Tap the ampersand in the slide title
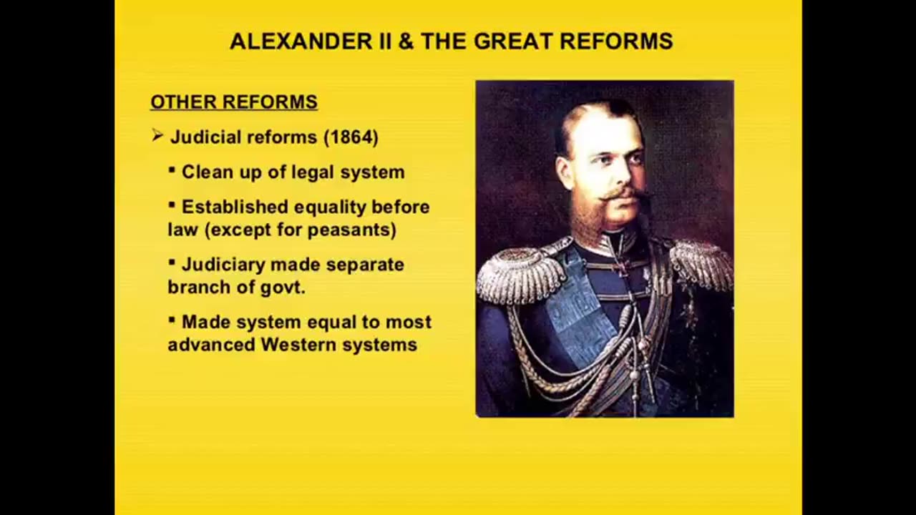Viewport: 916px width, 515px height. tap(406, 41)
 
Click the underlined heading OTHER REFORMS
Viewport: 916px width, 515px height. tap(234, 102)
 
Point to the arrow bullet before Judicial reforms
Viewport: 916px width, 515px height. tap(157, 135)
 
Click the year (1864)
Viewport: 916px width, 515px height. tap(351, 137)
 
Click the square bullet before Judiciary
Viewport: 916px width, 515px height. tap(172, 262)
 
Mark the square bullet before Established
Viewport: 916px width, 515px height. tap(172, 204)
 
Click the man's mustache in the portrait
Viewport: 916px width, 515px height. tap(623, 195)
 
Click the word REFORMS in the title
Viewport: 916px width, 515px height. tap(616, 41)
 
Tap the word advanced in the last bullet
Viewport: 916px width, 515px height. tap(211, 345)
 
